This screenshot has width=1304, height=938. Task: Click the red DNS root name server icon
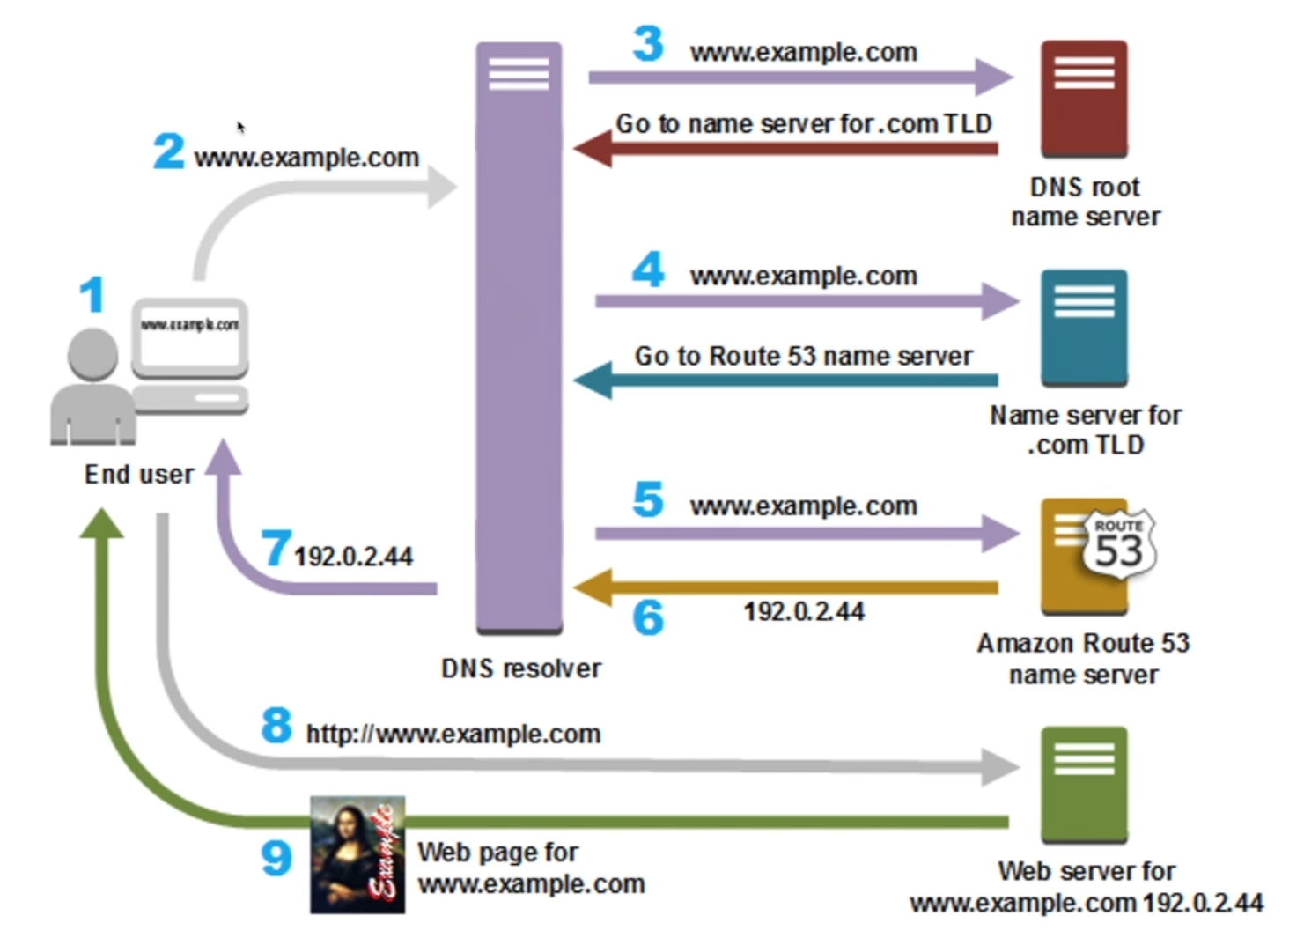[1084, 98]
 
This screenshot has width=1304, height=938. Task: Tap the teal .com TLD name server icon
[1084, 327]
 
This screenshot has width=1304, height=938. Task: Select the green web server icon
[1084, 783]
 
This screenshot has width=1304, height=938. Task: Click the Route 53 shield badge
[1119, 544]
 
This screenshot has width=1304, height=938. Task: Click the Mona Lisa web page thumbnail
[357, 854]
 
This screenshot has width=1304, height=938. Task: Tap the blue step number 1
[92, 295]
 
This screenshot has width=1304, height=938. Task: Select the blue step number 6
[648, 617]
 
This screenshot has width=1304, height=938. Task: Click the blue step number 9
[276, 857]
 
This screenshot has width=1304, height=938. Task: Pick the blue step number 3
[648, 44]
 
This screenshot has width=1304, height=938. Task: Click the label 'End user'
[139, 475]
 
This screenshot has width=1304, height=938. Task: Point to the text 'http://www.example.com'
[453, 734]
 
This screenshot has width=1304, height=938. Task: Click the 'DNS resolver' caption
[521, 668]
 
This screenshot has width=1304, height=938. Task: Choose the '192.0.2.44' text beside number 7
[353, 557]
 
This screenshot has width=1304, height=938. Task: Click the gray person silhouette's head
[92, 354]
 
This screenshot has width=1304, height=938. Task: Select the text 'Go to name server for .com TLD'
[803, 124]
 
